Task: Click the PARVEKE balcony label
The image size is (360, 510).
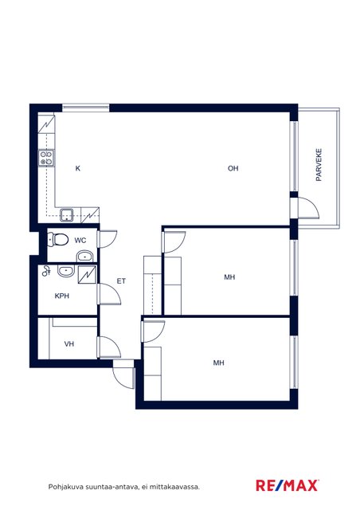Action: tap(319, 165)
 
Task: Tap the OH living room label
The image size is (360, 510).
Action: tap(233, 168)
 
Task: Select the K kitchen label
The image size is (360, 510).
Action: tap(78, 168)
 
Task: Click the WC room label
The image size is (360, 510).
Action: tap(80, 241)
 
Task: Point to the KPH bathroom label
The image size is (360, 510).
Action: tap(62, 296)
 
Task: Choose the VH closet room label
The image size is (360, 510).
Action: tap(69, 343)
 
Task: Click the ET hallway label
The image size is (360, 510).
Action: tap(121, 281)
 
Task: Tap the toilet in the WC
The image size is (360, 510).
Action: tap(57, 240)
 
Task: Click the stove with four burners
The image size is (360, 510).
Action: tap(46, 158)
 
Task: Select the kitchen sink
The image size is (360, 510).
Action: tap(67, 215)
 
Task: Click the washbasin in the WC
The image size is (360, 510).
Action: tap(85, 257)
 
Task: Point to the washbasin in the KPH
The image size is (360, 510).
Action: tap(66, 271)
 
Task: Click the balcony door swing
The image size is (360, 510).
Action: tap(308, 208)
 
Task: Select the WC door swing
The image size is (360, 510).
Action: tap(108, 239)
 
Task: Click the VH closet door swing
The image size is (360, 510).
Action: tap(109, 347)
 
